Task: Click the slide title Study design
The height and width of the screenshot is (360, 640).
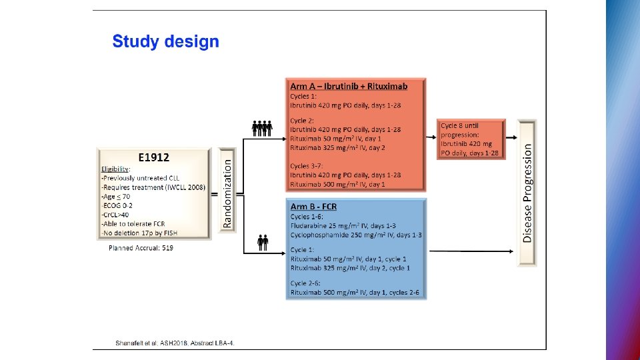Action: pyautogui.click(x=165, y=41)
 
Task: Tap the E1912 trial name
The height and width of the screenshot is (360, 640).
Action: pyautogui.click(x=153, y=158)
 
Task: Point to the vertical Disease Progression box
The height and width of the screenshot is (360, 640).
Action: pyautogui.click(x=527, y=193)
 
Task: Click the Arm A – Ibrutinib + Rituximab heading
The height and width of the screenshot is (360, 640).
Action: pyautogui.click(x=348, y=86)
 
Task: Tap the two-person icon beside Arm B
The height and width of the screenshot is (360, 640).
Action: pyautogui.click(x=263, y=242)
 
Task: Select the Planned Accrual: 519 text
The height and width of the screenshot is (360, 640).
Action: pyautogui.click(x=141, y=248)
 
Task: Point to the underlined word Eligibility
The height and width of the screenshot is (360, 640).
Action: pyautogui.click(x=115, y=169)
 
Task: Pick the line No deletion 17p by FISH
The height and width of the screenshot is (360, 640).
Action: pyautogui.click(x=140, y=232)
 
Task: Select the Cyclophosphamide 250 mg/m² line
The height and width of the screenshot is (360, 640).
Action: pyautogui.click(x=355, y=235)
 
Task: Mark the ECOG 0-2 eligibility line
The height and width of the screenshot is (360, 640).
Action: pyautogui.click(x=119, y=206)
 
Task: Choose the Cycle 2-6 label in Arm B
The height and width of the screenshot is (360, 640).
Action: pyautogui.click(x=306, y=283)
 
